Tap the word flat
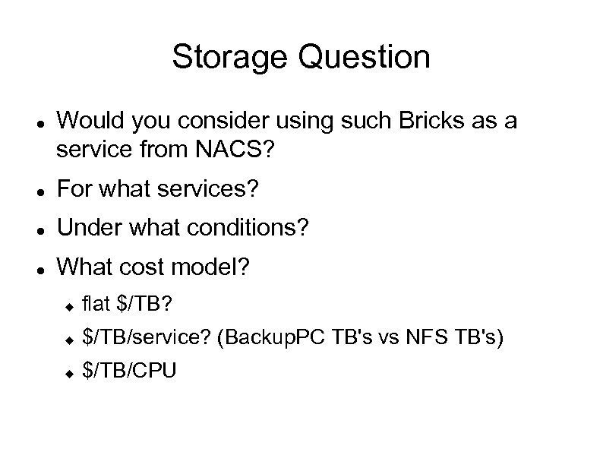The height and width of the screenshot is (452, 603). pos(96,305)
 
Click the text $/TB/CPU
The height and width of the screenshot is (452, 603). pos(129,371)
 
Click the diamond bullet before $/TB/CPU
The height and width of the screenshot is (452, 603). pos(68,372)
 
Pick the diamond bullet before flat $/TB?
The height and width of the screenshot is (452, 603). pos(68,305)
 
